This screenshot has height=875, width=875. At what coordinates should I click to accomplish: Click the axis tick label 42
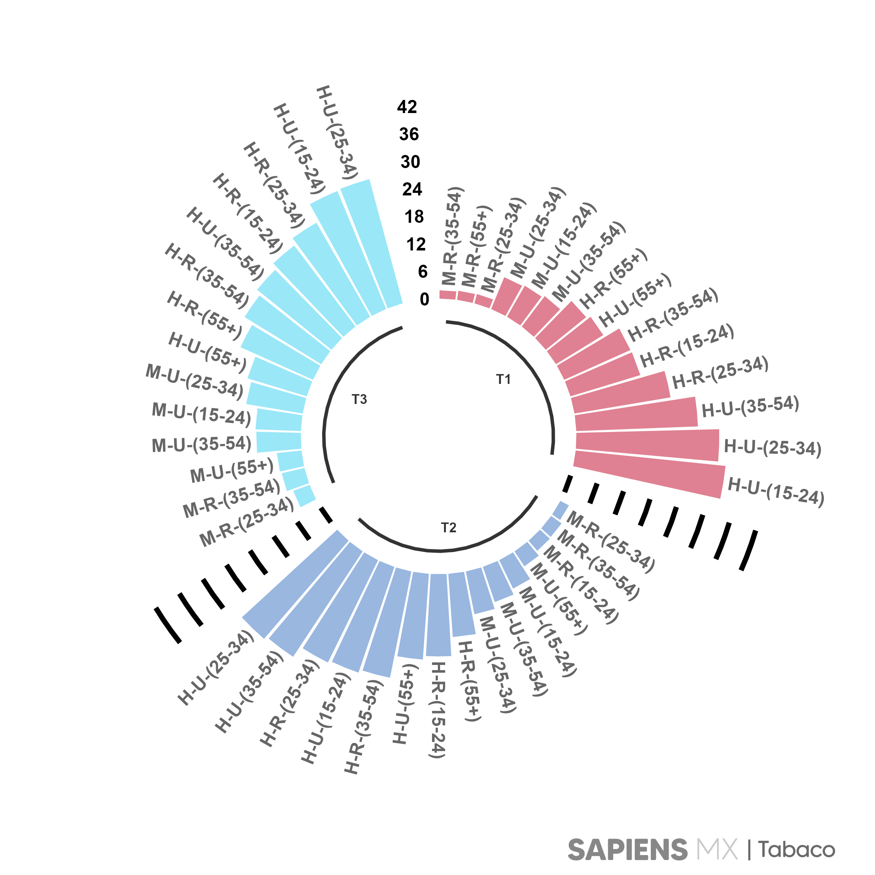point(407,107)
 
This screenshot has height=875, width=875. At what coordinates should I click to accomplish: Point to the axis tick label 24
point(412,189)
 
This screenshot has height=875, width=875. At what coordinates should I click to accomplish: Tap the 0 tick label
point(424,299)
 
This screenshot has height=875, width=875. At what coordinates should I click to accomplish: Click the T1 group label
point(503,379)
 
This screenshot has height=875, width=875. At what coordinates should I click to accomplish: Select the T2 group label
point(448,528)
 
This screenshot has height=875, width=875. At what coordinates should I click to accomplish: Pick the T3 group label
point(359,400)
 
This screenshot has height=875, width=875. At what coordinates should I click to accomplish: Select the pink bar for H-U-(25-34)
point(647,446)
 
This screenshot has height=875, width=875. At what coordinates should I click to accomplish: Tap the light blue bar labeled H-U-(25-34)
point(372,245)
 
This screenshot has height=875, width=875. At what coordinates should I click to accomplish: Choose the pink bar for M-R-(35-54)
point(447,295)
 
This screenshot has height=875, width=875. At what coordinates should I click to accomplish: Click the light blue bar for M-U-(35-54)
point(279,442)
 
